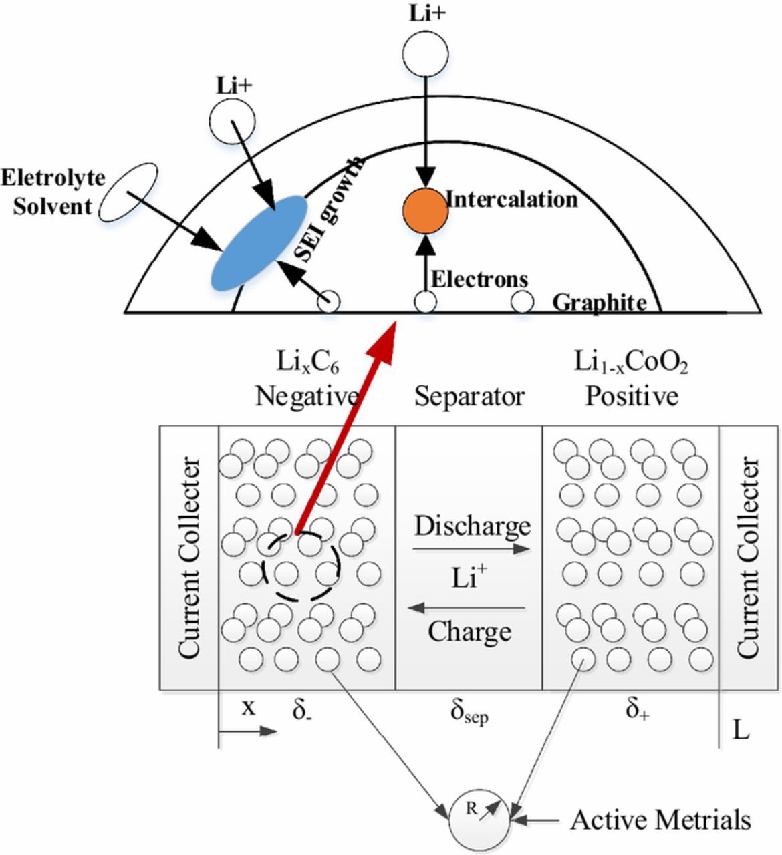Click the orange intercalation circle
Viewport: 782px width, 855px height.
point(425,211)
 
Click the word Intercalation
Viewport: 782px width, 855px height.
point(511,200)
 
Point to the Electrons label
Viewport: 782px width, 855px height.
point(479,279)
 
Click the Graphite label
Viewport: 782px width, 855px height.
point(600,303)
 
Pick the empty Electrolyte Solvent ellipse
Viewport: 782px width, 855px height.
point(128,192)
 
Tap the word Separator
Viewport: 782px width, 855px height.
point(469,397)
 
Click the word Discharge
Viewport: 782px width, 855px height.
point(472,526)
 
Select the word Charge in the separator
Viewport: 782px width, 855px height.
point(469,631)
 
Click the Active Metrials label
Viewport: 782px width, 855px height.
point(660,820)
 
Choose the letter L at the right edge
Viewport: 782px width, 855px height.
point(740,730)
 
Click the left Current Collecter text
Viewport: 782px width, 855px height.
point(190,557)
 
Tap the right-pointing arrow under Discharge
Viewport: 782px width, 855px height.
point(471,549)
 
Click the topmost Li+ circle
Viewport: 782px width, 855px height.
point(426,53)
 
